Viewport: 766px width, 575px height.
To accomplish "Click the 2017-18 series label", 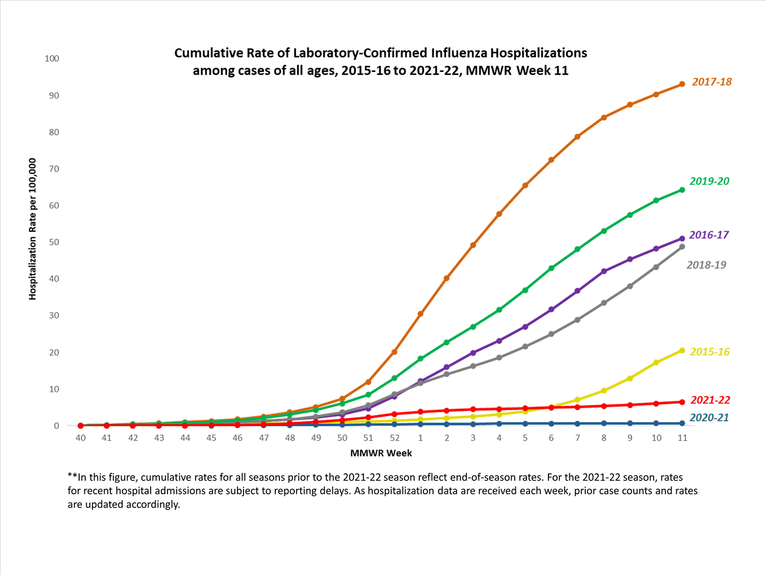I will [711, 82].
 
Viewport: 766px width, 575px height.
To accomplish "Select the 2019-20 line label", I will [709, 181].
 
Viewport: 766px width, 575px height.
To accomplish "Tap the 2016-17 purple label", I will [709, 235].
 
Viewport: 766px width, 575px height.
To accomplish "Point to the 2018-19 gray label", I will [706, 265].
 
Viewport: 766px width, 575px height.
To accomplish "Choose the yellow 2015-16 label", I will [709, 352].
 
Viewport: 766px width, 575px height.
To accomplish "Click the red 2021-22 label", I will [710, 400].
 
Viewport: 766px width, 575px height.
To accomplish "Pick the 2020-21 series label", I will [709, 418].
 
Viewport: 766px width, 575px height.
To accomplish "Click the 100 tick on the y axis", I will [52, 58].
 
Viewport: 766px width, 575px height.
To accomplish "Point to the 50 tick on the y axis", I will [54, 242].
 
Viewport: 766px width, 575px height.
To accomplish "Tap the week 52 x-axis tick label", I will [394, 438].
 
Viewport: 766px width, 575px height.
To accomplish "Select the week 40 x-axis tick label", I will [80, 438].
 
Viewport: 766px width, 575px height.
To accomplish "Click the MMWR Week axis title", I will [381, 453].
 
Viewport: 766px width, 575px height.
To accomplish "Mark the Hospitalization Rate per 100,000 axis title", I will [33, 229].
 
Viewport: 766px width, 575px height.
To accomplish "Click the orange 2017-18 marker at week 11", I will [682, 84].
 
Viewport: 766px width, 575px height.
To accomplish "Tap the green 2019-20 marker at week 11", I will [682, 190].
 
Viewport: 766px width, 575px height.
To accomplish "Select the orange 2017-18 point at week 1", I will [420, 314].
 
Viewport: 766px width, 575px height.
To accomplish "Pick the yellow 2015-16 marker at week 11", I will [682, 351].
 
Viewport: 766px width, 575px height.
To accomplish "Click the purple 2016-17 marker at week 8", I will [604, 271].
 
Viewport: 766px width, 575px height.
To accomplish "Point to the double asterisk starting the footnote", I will [72, 477].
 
